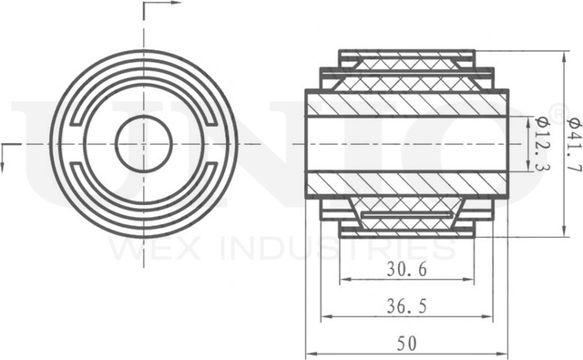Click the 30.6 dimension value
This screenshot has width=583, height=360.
[407, 270]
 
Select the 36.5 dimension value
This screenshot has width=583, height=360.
[407, 307]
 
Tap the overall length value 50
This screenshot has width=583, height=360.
[406, 344]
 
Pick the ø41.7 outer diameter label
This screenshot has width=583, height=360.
[571, 144]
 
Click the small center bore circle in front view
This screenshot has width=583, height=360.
[144, 144]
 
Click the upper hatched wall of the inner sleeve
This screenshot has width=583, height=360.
[406, 103]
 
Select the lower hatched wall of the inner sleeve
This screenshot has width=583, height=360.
[406, 185]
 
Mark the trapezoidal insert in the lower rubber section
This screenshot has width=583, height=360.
[407, 219]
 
